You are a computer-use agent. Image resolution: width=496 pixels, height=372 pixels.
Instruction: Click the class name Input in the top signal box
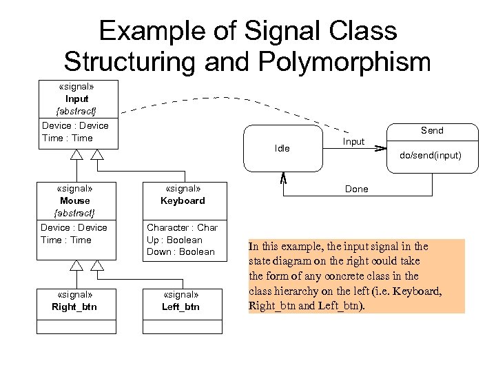tap(76, 99)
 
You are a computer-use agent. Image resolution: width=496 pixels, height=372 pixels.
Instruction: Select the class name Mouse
tap(75, 200)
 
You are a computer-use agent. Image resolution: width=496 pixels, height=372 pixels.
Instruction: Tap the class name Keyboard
tap(183, 200)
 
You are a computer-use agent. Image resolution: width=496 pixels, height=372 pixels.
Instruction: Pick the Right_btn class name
tap(74, 307)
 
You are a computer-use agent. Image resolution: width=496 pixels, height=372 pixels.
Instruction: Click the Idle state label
tap(282, 149)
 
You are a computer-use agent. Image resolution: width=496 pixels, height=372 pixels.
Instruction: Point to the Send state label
tap(432, 130)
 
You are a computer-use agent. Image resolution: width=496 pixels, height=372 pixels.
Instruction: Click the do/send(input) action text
tap(431, 155)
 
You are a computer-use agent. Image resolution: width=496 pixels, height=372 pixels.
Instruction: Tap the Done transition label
tap(356, 189)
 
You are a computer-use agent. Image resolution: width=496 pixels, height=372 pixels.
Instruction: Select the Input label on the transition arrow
tap(353, 141)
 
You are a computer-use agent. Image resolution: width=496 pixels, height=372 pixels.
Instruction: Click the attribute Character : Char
tap(182, 227)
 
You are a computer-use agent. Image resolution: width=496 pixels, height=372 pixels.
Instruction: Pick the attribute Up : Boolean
tap(174, 240)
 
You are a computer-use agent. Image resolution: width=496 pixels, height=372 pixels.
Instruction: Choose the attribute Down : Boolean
tap(180, 251)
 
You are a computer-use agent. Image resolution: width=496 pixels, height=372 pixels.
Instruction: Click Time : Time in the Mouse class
tap(66, 240)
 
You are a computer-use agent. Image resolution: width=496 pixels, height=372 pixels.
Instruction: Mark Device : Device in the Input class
tap(75, 125)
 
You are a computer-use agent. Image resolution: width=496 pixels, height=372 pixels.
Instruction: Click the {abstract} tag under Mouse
tap(75, 212)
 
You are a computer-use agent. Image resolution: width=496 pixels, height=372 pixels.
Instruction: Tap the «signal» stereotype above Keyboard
tap(183, 188)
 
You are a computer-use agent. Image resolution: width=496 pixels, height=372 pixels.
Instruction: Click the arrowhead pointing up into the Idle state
tap(282, 177)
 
